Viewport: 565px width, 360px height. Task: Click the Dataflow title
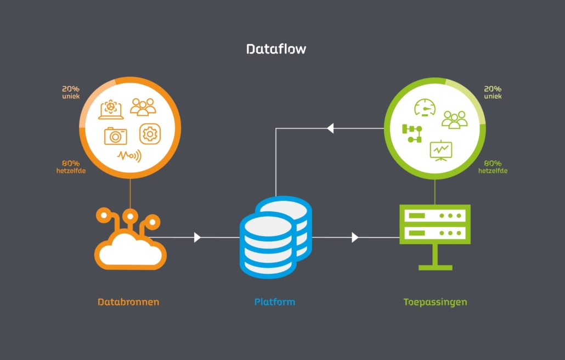coord(276,49)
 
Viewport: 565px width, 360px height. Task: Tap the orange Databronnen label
coord(128,302)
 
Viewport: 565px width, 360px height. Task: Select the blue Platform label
coord(274,302)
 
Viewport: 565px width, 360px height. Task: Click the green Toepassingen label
coord(435,302)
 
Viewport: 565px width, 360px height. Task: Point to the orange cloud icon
coord(130,241)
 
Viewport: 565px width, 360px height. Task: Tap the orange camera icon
coord(115,136)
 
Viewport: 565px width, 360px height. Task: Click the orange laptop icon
coord(111,109)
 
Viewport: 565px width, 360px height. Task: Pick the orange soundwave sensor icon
coord(129,156)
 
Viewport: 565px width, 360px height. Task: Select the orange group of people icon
coord(143,106)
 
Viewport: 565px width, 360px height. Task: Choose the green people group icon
coord(454,119)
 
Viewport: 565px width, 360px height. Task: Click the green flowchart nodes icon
coord(412,133)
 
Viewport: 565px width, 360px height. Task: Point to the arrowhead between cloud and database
coord(197,237)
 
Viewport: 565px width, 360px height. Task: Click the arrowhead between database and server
coord(355,237)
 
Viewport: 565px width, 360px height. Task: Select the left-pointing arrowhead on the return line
coord(330,128)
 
